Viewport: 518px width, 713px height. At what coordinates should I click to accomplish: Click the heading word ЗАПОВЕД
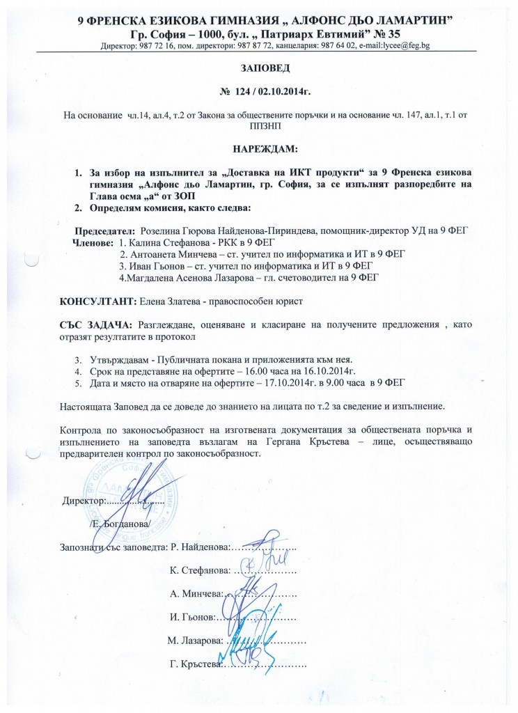click(260, 70)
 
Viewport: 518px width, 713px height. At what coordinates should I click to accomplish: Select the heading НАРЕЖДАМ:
click(259, 149)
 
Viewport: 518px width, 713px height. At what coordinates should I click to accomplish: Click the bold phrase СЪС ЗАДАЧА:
click(96, 324)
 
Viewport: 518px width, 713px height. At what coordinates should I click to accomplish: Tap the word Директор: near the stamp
click(84, 501)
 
